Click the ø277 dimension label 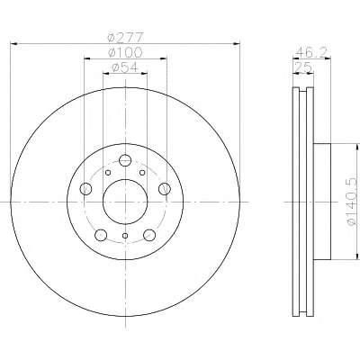[125, 38]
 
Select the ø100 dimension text [125, 53]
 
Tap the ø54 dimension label [125, 67]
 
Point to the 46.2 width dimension [313, 53]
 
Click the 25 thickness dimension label [303, 67]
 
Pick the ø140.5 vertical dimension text [353, 201]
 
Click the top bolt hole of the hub [125, 160]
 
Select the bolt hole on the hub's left [85, 189]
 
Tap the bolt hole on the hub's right [165, 189]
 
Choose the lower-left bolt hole [101, 235]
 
